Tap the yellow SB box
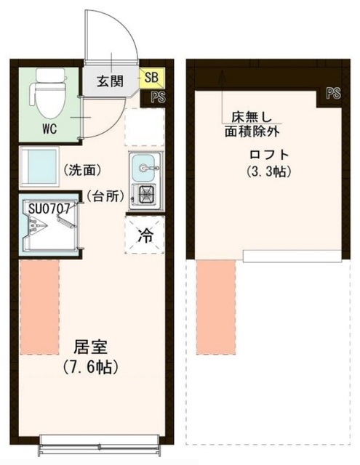click(x=153, y=76)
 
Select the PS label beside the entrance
click(x=156, y=96)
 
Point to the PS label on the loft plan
click(x=334, y=93)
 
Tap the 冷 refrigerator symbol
click(x=145, y=236)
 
